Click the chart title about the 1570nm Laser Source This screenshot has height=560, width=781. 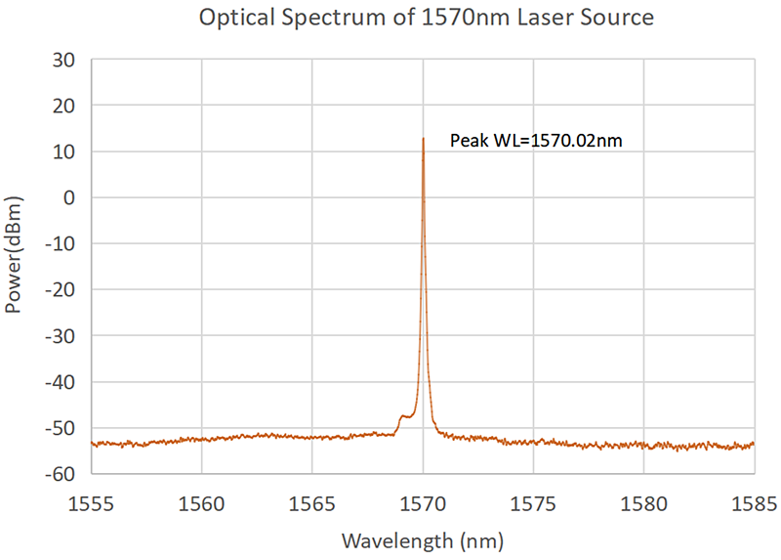[x=425, y=17]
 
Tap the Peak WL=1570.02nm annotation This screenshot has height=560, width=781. [x=536, y=141]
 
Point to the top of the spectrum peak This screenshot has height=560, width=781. [x=423, y=139]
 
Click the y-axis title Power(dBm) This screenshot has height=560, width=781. [x=15, y=252]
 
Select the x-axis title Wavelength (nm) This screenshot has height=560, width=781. [x=422, y=539]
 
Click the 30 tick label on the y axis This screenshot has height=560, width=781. [x=64, y=59]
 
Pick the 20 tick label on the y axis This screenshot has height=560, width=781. [x=64, y=105]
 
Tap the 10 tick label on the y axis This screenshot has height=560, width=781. [x=64, y=151]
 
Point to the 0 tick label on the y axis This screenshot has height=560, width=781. [x=69, y=197]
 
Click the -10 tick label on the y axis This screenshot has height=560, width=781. [x=61, y=243]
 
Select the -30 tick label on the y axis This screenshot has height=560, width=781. [x=61, y=335]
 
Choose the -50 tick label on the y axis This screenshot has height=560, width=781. [x=61, y=428]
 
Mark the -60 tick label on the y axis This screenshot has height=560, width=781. [x=61, y=474]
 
